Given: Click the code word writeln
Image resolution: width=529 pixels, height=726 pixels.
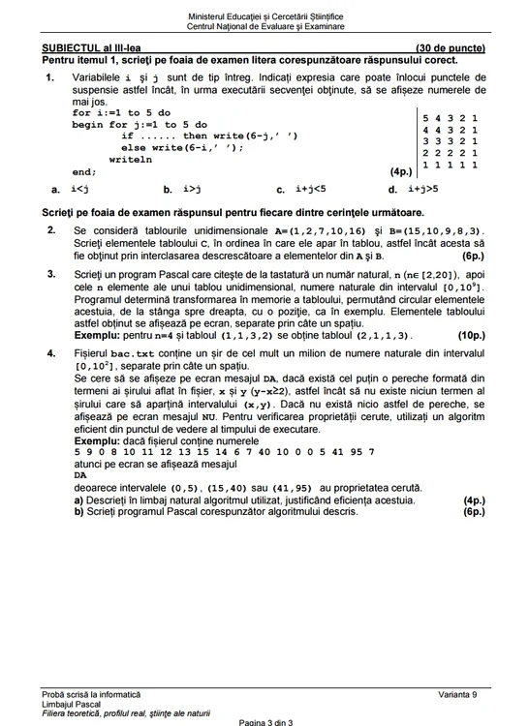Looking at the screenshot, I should point(131,160).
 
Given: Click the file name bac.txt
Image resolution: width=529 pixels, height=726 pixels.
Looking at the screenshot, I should point(132,355).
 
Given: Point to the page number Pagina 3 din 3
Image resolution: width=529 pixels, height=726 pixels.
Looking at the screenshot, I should point(264,722).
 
